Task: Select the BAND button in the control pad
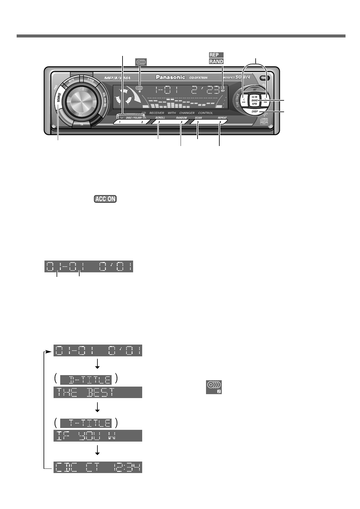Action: [x=254, y=100]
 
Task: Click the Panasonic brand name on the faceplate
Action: [x=170, y=77]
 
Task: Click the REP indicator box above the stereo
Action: [x=216, y=55]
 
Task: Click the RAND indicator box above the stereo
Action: [x=216, y=61]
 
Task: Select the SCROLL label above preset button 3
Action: [x=160, y=118]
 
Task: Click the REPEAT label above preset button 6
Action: [x=222, y=118]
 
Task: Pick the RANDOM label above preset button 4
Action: [x=182, y=118]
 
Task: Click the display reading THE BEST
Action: [x=98, y=392]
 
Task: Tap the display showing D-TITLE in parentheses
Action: [x=86, y=380]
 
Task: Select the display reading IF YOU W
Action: [x=98, y=436]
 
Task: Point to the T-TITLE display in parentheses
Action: [x=86, y=423]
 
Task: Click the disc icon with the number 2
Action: [x=214, y=387]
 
